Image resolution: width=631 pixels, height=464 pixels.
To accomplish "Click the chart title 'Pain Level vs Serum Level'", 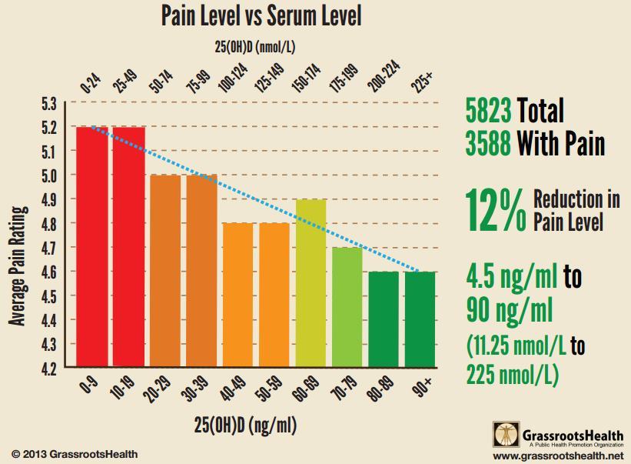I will pyautogui.click(x=261, y=15).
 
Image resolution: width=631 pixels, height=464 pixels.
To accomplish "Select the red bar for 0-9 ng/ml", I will pyautogui.click(x=92, y=246).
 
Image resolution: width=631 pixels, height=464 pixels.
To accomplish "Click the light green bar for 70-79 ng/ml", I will pyautogui.click(x=347, y=307).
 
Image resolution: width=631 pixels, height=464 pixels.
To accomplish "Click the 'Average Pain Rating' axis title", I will pyautogui.click(x=18, y=265).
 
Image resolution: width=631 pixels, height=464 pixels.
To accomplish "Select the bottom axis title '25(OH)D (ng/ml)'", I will pyautogui.click(x=244, y=425).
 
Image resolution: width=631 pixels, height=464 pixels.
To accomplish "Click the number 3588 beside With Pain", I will pyautogui.click(x=488, y=145).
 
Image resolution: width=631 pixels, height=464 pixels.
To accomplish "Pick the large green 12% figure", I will pyautogui.click(x=496, y=211).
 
